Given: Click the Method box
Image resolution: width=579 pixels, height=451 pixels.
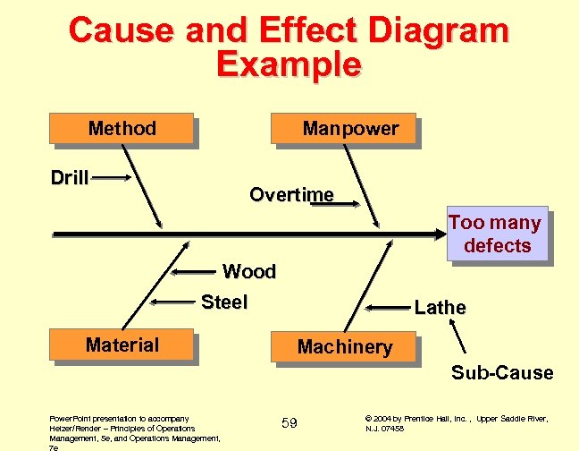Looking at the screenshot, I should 122,129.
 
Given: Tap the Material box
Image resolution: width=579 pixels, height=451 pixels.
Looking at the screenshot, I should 122,345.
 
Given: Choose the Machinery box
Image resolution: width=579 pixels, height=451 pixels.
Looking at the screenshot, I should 344,346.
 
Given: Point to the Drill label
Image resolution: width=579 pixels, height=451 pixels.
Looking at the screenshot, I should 70,177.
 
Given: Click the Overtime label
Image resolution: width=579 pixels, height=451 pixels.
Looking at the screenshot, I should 291,194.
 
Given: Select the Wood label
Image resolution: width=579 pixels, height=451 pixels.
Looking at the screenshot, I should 248,271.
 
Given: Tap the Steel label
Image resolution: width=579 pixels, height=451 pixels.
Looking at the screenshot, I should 224,302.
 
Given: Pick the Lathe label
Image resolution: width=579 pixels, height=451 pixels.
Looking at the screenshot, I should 440,308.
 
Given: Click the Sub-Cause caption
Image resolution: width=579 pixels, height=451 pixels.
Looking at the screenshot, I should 501,372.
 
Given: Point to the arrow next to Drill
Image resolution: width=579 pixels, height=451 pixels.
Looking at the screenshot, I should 113,178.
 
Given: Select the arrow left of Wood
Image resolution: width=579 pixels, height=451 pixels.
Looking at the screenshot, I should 195,271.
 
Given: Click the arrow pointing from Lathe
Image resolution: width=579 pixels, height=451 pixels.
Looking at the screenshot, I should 386,308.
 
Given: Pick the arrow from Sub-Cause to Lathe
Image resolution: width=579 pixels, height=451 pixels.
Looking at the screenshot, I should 459,339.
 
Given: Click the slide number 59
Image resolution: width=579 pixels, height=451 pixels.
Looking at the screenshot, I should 289,422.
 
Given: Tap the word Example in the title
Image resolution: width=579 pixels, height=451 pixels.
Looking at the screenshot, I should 289,64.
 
